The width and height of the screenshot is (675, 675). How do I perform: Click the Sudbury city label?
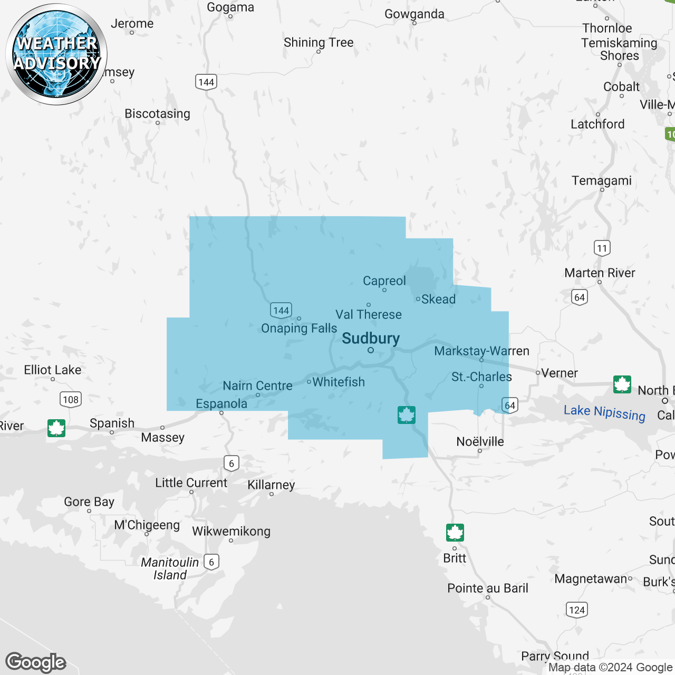371,339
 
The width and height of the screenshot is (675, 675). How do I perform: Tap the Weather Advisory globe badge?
56,54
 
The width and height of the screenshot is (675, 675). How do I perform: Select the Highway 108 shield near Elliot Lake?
71,399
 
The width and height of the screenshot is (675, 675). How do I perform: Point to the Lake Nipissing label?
604,413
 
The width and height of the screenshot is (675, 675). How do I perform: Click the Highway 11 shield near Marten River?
602,248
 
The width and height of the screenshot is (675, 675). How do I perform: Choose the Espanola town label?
221,404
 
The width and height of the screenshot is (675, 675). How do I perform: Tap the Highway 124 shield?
577,610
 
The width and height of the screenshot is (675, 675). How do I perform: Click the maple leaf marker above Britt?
455,533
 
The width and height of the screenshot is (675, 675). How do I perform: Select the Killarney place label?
271,485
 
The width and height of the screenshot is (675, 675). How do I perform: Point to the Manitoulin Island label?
170,568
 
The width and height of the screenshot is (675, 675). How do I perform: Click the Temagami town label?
602,181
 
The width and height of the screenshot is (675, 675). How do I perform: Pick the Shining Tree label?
319,43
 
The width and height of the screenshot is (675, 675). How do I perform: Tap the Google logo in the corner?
36,662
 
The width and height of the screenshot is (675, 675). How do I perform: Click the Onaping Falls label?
299,329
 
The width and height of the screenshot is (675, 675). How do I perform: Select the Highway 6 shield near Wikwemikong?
211,562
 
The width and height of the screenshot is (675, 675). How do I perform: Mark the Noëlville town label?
480,441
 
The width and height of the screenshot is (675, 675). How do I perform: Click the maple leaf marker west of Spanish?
56,428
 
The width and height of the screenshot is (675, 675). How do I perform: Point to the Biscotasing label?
157,114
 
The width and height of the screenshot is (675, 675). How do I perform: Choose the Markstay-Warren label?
481,351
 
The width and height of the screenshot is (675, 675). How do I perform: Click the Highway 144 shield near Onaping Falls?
281,310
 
